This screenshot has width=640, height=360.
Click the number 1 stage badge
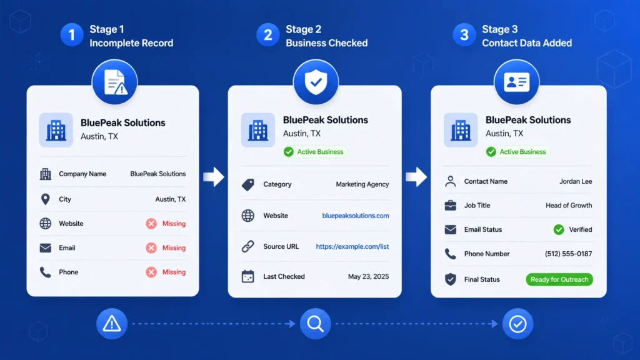[x=72, y=35]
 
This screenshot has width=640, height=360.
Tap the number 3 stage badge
[x=464, y=35]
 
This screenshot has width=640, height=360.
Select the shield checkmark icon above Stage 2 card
[x=316, y=82]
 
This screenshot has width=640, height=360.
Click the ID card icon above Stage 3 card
[x=517, y=82]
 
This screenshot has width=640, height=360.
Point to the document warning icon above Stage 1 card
[x=115, y=82]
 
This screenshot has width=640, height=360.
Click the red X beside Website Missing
[x=151, y=224]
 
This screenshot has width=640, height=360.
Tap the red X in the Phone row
[x=151, y=272]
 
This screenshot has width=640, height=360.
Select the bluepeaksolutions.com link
[x=356, y=216]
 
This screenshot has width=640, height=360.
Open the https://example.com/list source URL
[x=352, y=246]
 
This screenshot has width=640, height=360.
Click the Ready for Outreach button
[x=559, y=279]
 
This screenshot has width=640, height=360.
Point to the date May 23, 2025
[x=368, y=276]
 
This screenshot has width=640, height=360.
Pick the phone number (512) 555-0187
[x=568, y=254]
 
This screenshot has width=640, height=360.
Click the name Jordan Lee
[x=576, y=181]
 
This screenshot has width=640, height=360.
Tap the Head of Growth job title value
[x=569, y=205]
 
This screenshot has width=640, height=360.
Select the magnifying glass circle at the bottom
[x=316, y=324]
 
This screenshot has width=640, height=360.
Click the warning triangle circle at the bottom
[x=112, y=324]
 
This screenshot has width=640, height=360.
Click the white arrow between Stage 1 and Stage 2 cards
[x=214, y=177]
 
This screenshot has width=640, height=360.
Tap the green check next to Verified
[x=559, y=230]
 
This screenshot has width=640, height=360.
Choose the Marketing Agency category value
[x=362, y=184]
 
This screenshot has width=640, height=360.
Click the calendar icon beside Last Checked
[x=247, y=276]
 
